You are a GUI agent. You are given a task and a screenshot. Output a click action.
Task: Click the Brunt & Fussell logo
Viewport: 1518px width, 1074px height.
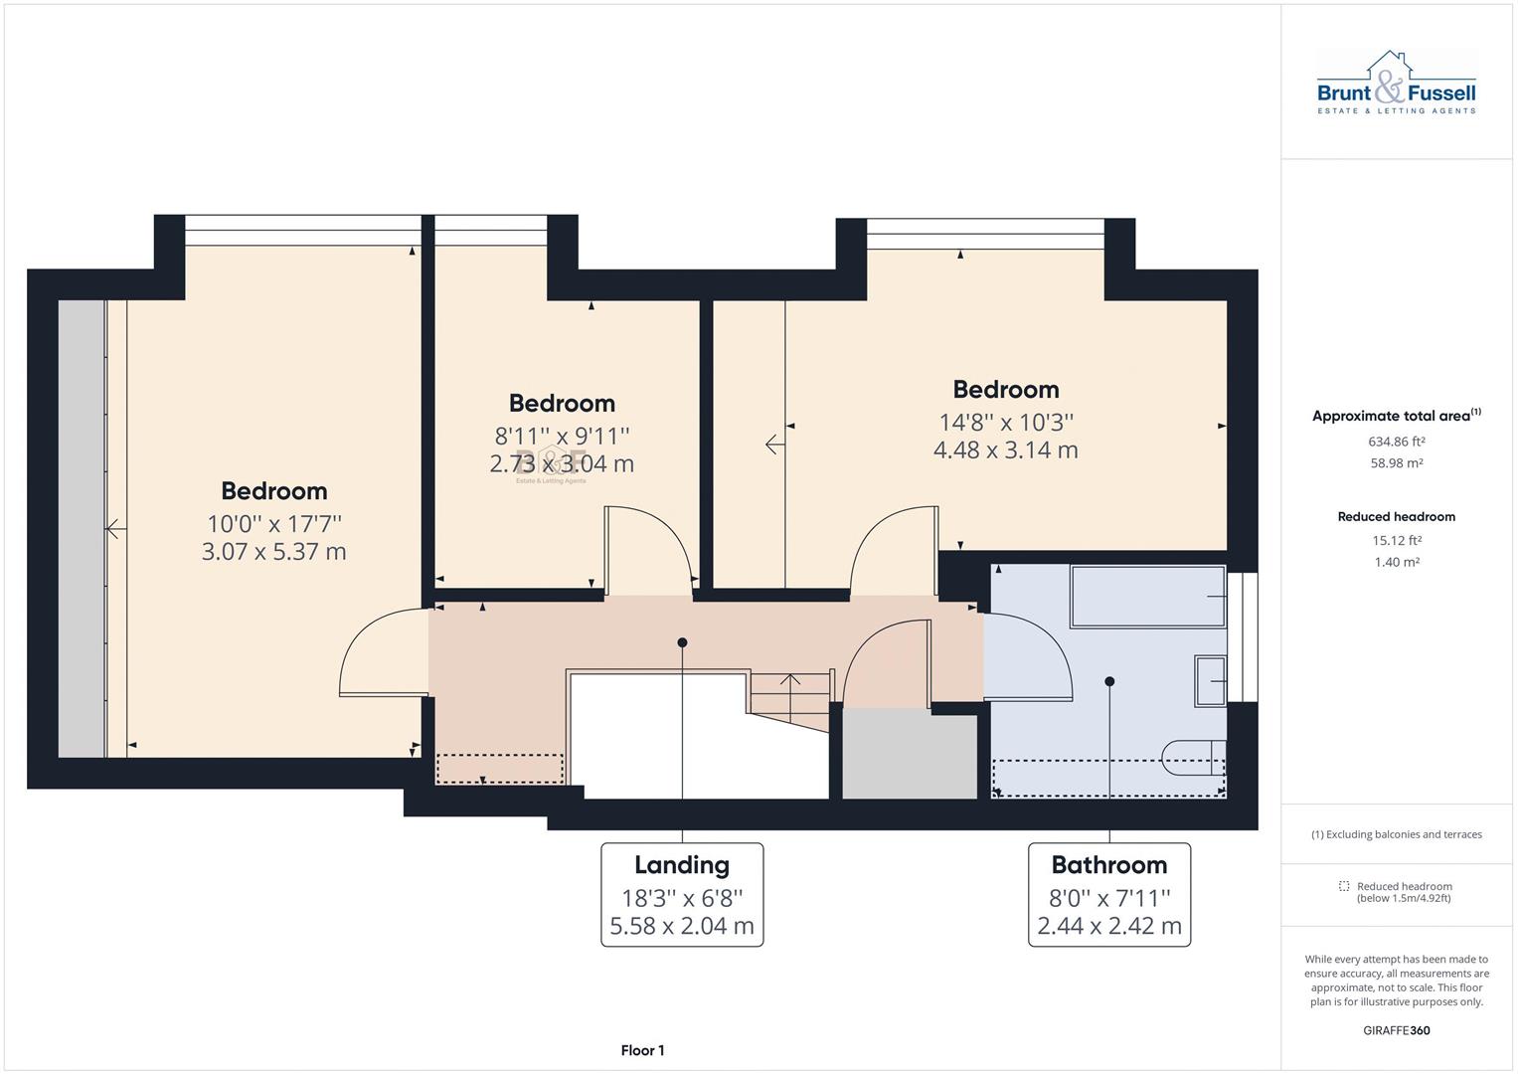(x=1396, y=84)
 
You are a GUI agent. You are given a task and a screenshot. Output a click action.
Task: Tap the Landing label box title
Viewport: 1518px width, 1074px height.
(x=682, y=865)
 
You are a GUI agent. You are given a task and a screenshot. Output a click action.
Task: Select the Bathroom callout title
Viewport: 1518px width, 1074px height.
(x=1108, y=865)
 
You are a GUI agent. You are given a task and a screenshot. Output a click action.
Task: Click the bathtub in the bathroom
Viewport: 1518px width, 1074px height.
(x=1147, y=597)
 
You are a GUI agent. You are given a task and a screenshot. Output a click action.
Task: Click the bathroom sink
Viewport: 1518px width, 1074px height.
(x=1210, y=680)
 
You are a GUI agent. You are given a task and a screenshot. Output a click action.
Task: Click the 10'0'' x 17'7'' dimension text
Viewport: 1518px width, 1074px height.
(x=274, y=523)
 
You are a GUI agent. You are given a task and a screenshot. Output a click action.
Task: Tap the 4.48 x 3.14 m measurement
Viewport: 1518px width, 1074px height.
(x=1005, y=450)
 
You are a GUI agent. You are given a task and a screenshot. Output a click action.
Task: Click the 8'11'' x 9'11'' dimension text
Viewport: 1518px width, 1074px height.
(x=562, y=436)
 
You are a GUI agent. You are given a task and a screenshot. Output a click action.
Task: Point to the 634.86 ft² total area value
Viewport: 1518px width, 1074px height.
(x=1396, y=442)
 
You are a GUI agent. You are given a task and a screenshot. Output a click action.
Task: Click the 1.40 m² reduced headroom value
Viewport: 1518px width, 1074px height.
(x=1396, y=563)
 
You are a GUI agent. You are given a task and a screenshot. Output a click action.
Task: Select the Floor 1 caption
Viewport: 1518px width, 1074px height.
(x=642, y=1050)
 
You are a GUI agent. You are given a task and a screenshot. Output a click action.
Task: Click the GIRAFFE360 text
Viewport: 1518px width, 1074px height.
(x=1396, y=1030)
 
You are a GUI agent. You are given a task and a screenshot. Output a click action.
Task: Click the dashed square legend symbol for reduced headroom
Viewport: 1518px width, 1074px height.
(x=1343, y=886)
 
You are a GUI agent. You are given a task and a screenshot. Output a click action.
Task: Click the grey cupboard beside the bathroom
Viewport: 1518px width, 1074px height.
(x=910, y=753)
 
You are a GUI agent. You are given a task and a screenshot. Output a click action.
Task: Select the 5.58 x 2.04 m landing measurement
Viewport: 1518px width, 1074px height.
(x=682, y=927)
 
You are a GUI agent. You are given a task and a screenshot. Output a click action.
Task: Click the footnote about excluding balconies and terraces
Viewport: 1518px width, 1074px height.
(x=1396, y=834)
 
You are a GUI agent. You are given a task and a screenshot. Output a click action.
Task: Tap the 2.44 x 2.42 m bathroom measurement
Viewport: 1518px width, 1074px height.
(x=1108, y=927)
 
